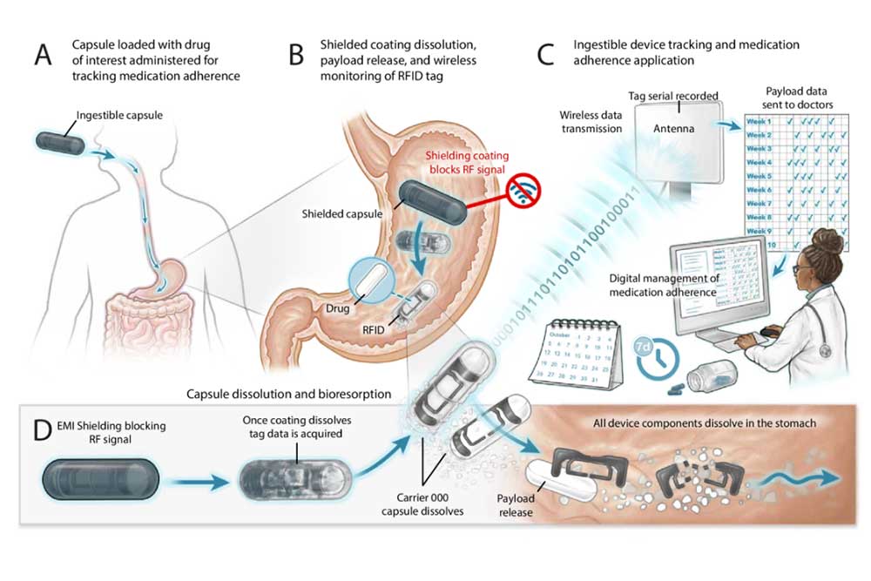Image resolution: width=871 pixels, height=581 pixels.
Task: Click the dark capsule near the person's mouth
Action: pos(60,139)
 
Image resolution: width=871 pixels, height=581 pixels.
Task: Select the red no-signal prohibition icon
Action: pos(523,188)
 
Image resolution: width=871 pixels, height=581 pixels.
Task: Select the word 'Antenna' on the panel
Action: pos(677,129)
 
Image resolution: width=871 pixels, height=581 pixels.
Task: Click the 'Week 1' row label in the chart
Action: pos(760,121)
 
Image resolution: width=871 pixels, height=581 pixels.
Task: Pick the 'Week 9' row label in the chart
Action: pos(760,230)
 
